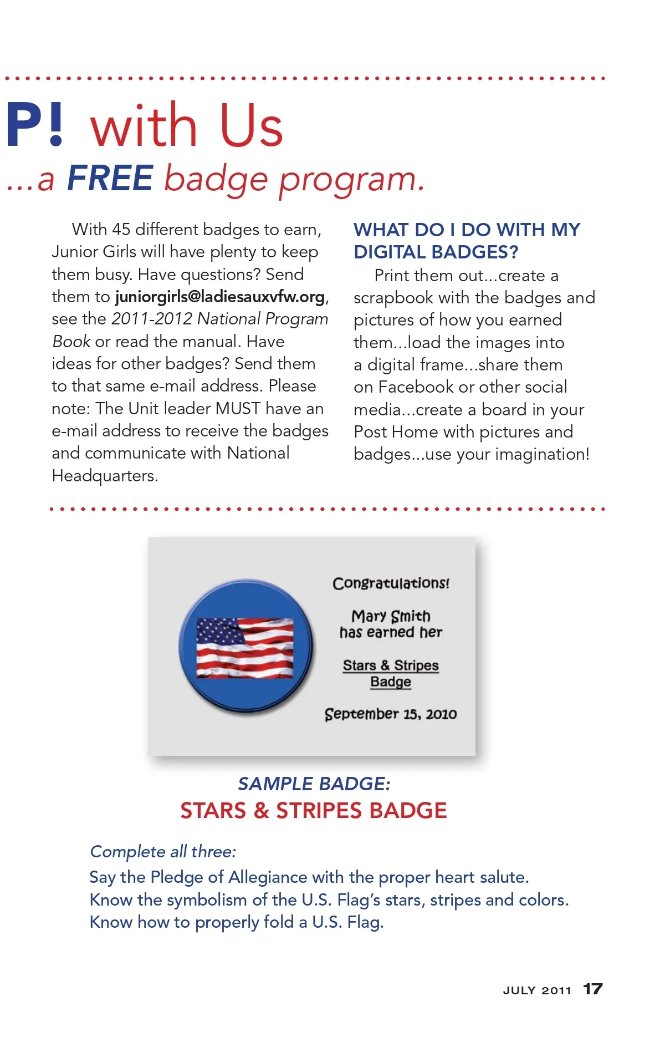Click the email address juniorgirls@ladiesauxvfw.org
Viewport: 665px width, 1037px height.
[220, 297]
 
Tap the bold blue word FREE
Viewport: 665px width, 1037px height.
[110, 178]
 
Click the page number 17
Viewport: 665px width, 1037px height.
[592, 989]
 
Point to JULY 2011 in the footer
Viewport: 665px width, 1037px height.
[536, 990]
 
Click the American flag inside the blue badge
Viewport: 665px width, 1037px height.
[245, 648]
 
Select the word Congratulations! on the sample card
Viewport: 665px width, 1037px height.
[391, 583]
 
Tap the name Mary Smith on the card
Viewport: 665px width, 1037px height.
[391, 616]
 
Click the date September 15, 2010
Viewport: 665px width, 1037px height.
[391, 714]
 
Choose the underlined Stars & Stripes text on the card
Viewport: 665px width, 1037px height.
[391, 665]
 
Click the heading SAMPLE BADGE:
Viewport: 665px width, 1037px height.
[314, 784]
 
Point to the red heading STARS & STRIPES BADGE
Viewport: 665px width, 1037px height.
[314, 811]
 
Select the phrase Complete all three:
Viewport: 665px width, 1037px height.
[163, 852]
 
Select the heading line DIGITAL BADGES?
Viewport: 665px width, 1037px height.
[436, 252]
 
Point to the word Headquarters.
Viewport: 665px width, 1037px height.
[105, 476]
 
